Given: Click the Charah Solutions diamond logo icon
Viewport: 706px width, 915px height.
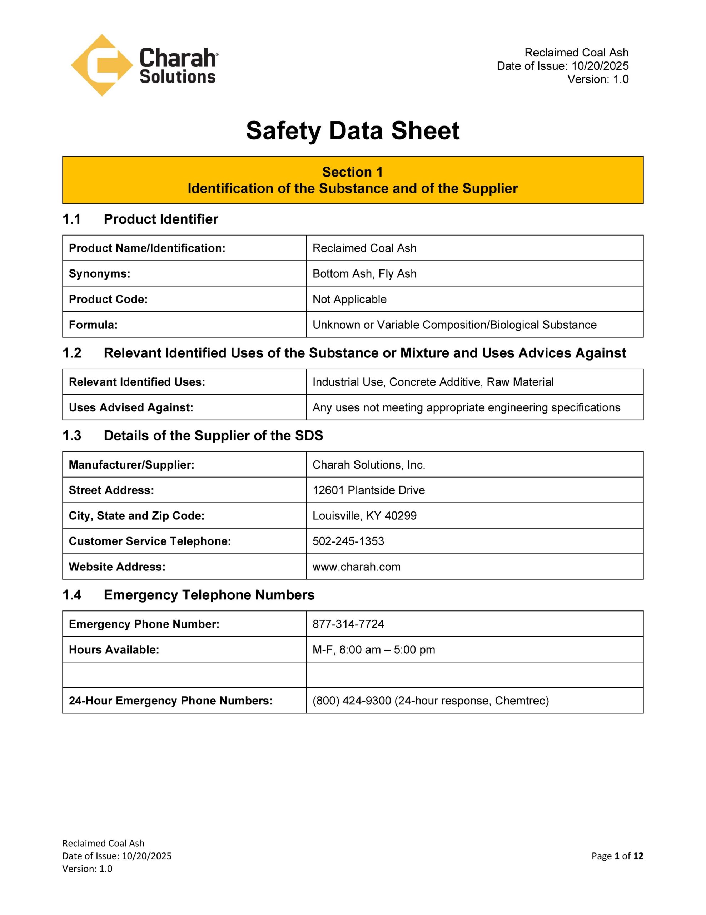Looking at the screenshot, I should pos(102,65).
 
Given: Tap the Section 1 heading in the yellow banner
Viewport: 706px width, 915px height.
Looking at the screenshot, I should pos(353,172).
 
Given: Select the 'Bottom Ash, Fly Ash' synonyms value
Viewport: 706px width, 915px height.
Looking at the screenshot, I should pos(364,273).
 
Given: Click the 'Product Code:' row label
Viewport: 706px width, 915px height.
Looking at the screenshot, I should pos(108,299).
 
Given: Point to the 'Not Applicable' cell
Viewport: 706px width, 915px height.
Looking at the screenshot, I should pos(349,299).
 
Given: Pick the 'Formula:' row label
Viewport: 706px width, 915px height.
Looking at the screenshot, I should pos(93,325).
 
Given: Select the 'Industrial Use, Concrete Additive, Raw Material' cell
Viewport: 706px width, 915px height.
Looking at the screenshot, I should pos(433,382).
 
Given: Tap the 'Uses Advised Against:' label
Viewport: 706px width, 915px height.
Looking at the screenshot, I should pos(131,407).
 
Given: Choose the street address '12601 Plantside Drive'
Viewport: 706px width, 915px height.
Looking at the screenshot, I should pos(368,490).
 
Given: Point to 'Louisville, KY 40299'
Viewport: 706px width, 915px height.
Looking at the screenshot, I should pos(364,515).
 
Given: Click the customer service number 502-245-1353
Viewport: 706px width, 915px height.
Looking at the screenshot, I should pos(348,541).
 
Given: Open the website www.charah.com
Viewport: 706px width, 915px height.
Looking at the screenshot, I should pos(356,567).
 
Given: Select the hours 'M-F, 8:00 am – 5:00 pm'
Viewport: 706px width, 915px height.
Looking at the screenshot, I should pos(373,649).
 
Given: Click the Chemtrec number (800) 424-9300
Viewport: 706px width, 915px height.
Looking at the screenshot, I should pos(352,701).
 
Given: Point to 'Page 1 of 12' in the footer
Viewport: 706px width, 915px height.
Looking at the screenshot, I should pos(617,856).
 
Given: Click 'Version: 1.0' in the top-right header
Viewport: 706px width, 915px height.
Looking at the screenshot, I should pos(597,79).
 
